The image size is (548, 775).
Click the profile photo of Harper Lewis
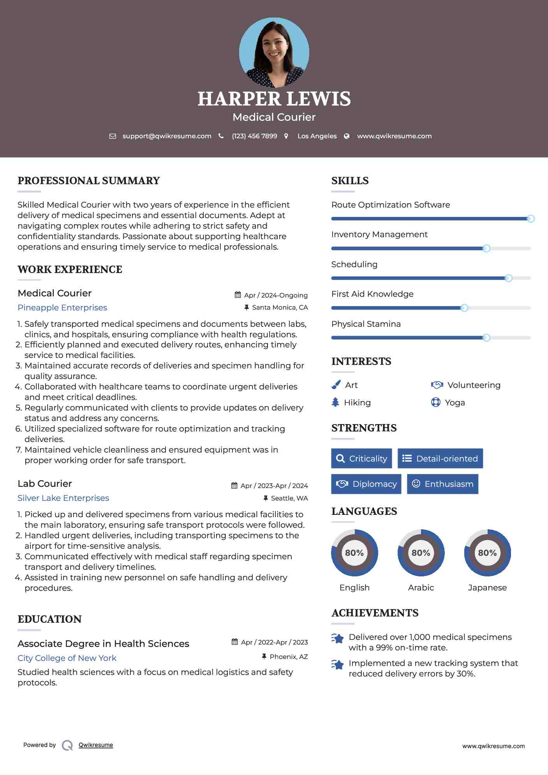(274, 52)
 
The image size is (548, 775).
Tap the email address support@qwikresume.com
(167, 136)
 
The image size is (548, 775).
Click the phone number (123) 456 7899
(254, 136)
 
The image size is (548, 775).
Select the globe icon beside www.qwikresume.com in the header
(347, 136)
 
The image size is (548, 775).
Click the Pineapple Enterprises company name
(62, 308)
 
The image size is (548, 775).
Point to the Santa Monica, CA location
(280, 307)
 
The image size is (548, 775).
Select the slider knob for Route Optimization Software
(530, 218)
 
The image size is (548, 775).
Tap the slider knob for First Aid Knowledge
(464, 308)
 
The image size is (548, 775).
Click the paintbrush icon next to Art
(336, 385)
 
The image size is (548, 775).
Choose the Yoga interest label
(455, 403)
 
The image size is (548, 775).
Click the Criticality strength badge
(361, 458)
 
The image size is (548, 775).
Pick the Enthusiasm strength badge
(442, 484)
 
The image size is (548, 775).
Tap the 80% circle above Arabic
(421, 553)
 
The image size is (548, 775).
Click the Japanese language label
(487, 588)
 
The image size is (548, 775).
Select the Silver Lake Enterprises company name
(63, 498)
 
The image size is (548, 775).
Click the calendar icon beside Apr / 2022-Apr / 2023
(234, 642)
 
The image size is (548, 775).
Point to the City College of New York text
(67, 658)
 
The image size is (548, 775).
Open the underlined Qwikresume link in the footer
(96, 745)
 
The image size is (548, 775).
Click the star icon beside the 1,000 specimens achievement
(338, 639)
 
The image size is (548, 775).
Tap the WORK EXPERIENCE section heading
(70, 269)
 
